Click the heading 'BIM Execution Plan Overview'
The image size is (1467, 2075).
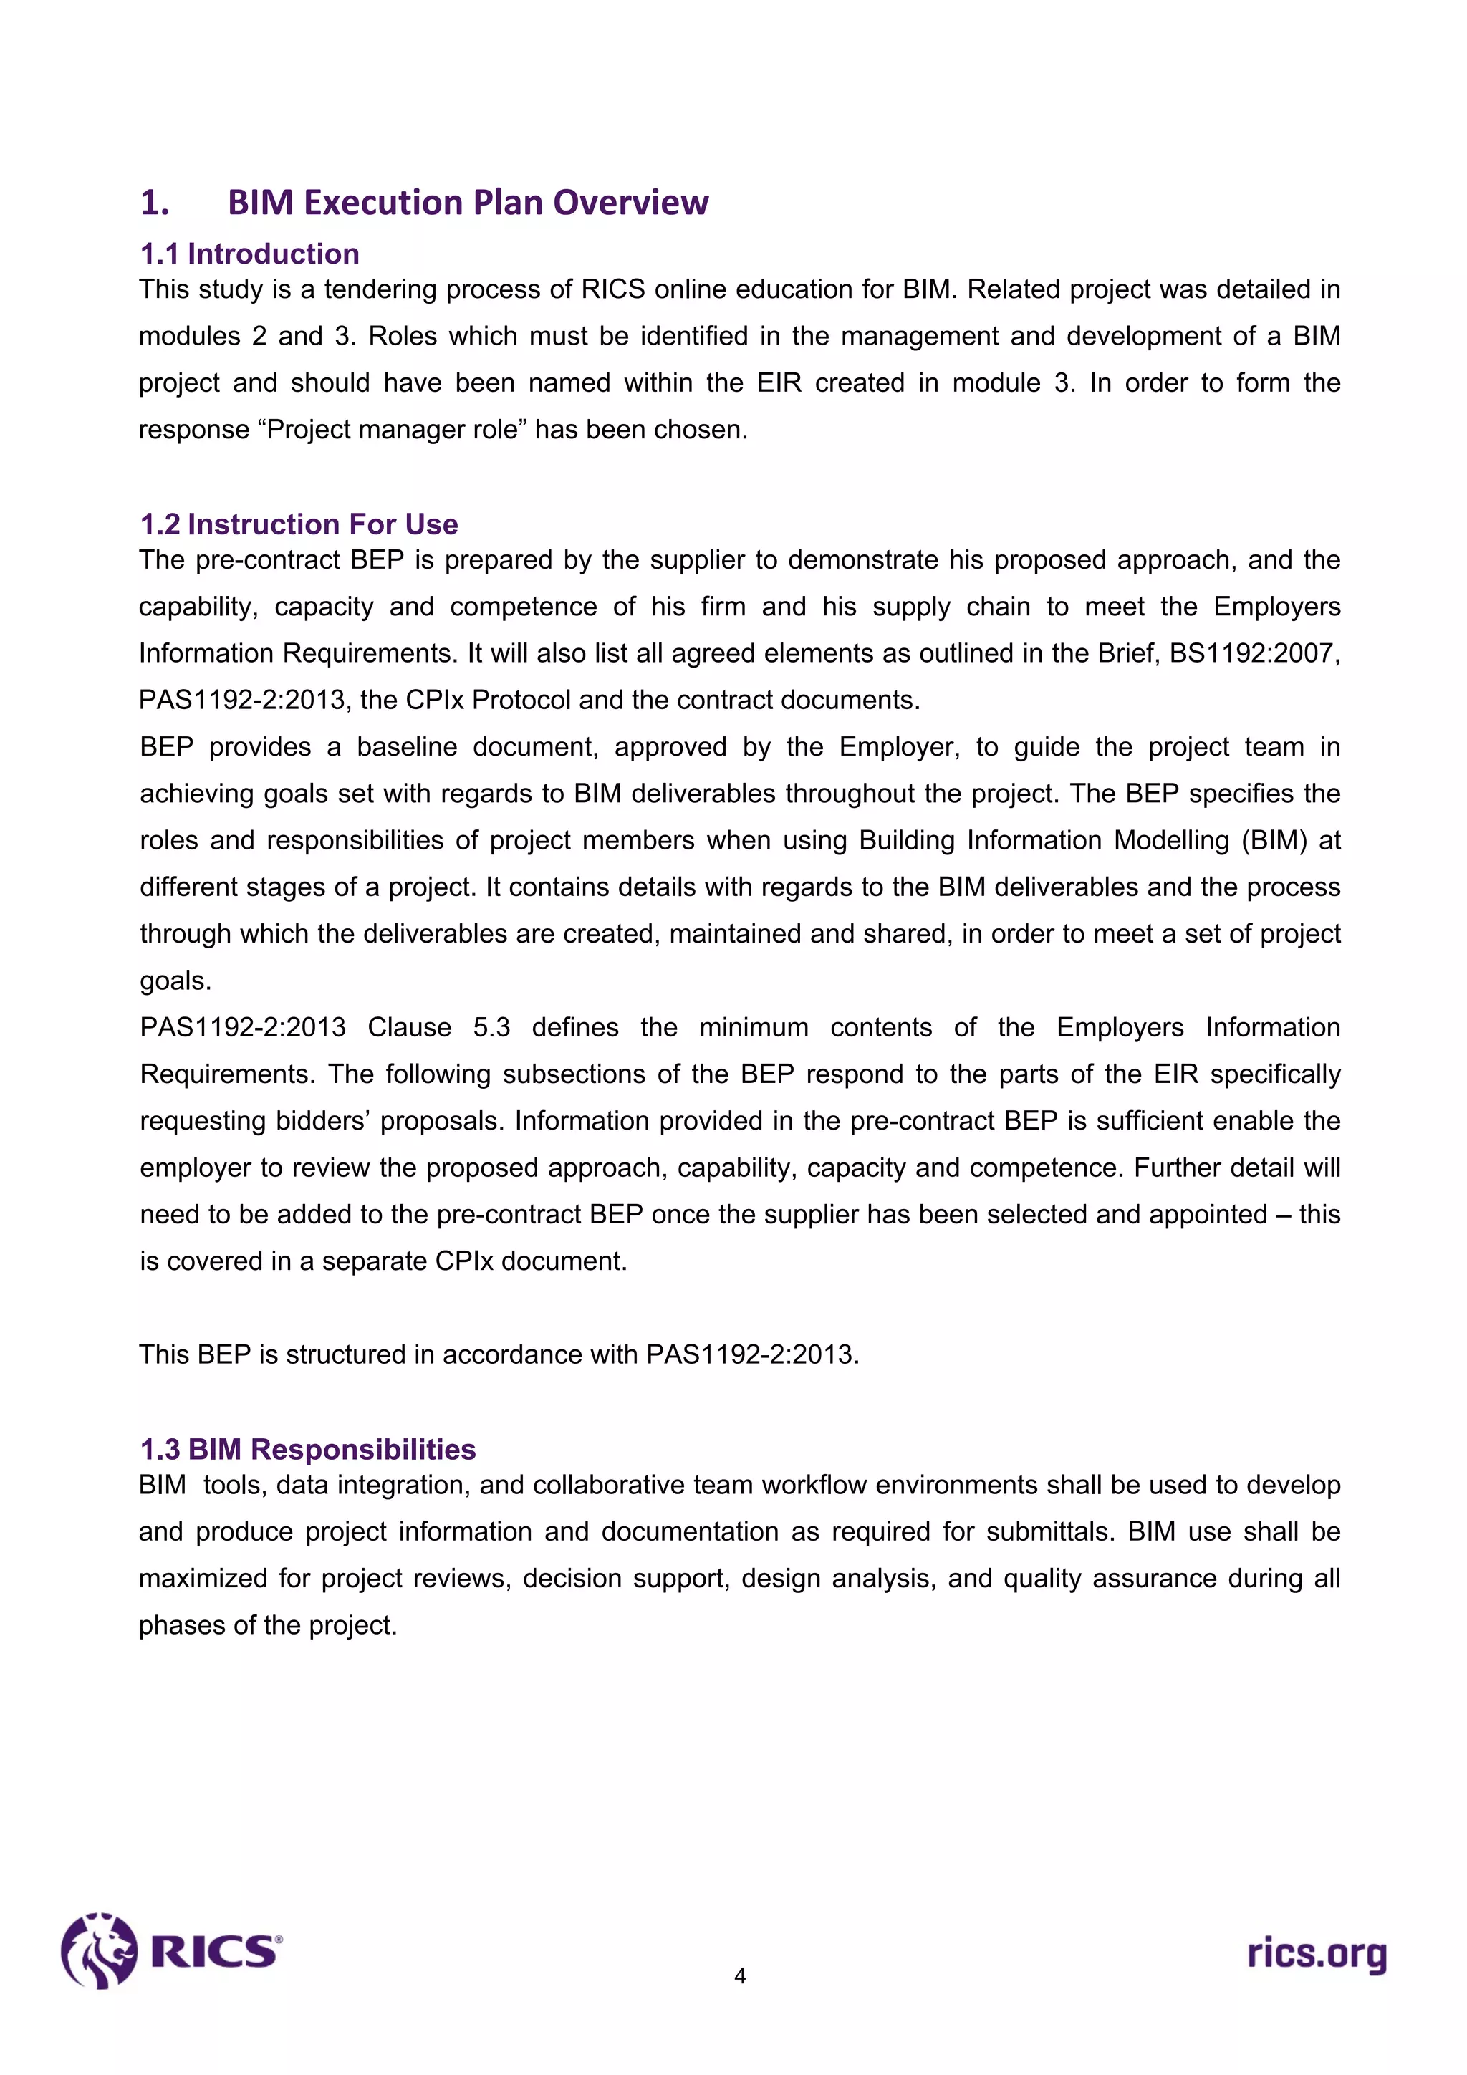467,203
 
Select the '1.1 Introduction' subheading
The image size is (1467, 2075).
249,254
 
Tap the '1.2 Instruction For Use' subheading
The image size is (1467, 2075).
298,524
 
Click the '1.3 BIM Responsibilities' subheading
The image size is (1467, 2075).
307,1449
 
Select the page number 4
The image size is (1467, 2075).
739,1975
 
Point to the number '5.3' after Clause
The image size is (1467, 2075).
491,1028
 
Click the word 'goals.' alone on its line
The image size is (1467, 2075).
175,981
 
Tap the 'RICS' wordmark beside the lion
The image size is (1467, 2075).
213,1952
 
